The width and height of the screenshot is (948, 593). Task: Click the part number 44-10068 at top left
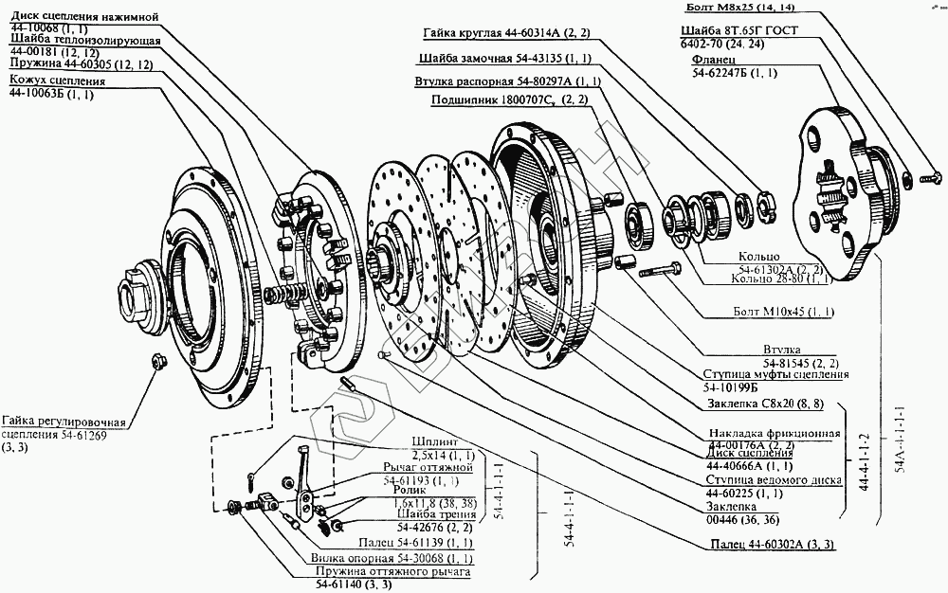[x=34, y=29]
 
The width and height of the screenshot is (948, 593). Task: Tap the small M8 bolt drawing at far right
[x=930, y=174]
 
